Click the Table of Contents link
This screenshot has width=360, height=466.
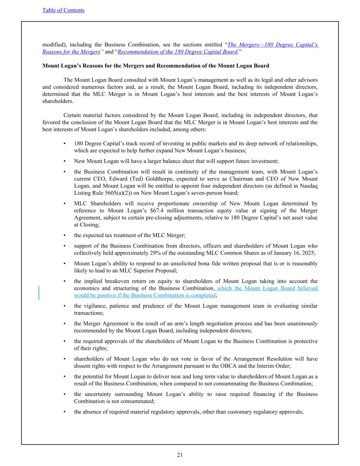coord(63,10)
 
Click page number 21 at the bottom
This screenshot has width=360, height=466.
coord(180,455)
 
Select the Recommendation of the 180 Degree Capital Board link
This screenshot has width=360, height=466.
coord(177,52)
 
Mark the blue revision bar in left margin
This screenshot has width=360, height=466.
coord(39,293)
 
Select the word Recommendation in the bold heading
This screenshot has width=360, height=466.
coord(170,66)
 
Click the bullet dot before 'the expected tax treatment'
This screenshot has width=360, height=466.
coord(64,235)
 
